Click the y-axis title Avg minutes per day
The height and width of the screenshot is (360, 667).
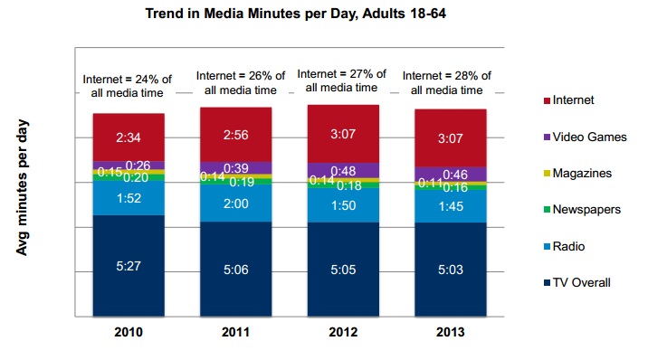coord(24,186)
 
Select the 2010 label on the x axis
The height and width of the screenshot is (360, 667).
coord(128,332)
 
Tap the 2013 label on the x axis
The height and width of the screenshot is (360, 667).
coord(450,332)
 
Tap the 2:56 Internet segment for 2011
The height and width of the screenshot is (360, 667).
coord(235,135)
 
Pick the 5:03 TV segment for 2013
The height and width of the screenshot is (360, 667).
coord(450,269)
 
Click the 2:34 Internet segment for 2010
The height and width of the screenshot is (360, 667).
coord(128,137)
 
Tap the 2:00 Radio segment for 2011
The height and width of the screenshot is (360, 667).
coord(235,204)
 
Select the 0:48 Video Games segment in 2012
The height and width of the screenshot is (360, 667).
coord(343,169)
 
